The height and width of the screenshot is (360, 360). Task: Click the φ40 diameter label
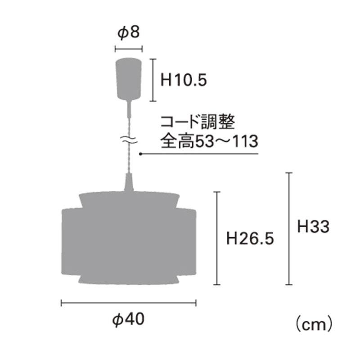point(129,320)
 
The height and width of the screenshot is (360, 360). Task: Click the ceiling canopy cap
point(129,78)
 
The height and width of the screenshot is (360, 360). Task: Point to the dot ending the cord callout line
point(141,154)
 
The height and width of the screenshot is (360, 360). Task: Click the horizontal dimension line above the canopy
point(129,49)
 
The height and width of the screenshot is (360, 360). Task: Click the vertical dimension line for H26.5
point(218,238)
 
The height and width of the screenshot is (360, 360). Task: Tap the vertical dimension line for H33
point(289,229)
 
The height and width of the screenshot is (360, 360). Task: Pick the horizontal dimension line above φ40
point(129,303)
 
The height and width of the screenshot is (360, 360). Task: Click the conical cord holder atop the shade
point(129,184)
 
